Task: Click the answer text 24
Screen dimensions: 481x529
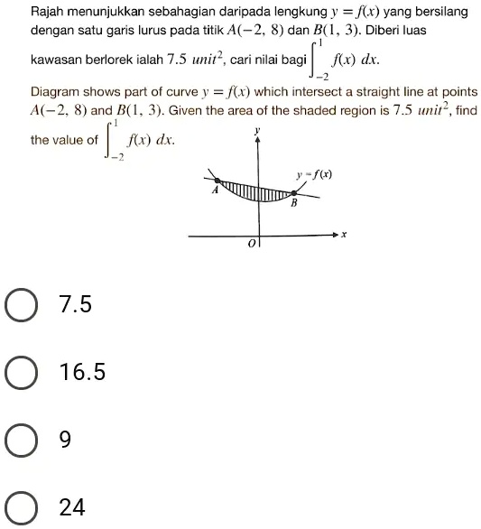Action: point(71,507)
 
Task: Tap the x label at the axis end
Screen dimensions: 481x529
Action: point(344,236)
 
